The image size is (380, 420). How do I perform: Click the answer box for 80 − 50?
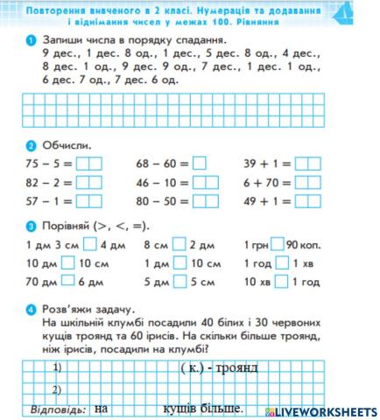pos(205,200)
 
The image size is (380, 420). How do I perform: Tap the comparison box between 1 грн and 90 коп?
pos(278,244)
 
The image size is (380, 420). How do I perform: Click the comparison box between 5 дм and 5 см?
pos(179,282)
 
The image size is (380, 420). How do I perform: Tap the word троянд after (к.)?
pos(232,366)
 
